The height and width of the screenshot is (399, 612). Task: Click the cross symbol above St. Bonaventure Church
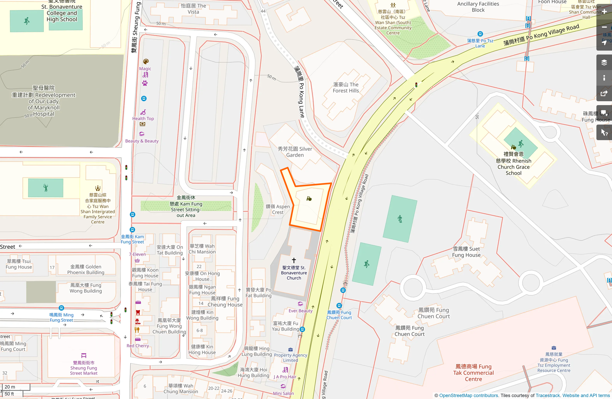(294, 260)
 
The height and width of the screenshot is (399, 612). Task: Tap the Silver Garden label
(295, 152)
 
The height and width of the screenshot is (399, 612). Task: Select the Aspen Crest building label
(277, 209)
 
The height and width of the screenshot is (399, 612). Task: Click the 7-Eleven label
(137, 254)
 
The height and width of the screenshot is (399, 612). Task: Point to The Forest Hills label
(346, 88)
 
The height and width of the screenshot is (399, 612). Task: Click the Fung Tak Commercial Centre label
(473, 373)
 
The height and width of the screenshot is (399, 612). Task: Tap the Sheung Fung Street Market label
(83, 368)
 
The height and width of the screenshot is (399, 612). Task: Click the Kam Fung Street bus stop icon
(132, 230)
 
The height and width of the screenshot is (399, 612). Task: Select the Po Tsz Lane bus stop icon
(480, 34)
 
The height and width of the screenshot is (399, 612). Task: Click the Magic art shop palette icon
(146, 61)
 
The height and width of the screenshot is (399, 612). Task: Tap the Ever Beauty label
(300, 311)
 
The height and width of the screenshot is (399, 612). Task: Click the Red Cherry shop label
(138, 346)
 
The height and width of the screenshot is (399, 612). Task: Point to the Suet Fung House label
(466, 252)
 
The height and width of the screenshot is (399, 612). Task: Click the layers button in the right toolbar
(604, 63)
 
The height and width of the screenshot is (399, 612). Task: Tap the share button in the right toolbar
(604, 94)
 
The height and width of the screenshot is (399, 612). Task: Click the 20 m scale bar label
(10, 387)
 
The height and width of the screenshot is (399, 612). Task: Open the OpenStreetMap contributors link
(468, 395)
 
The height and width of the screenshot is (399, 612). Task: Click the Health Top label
(143, 119)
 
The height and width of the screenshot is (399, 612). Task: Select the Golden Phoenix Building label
(86, 270)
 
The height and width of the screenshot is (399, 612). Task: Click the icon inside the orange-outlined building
(309, 199)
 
